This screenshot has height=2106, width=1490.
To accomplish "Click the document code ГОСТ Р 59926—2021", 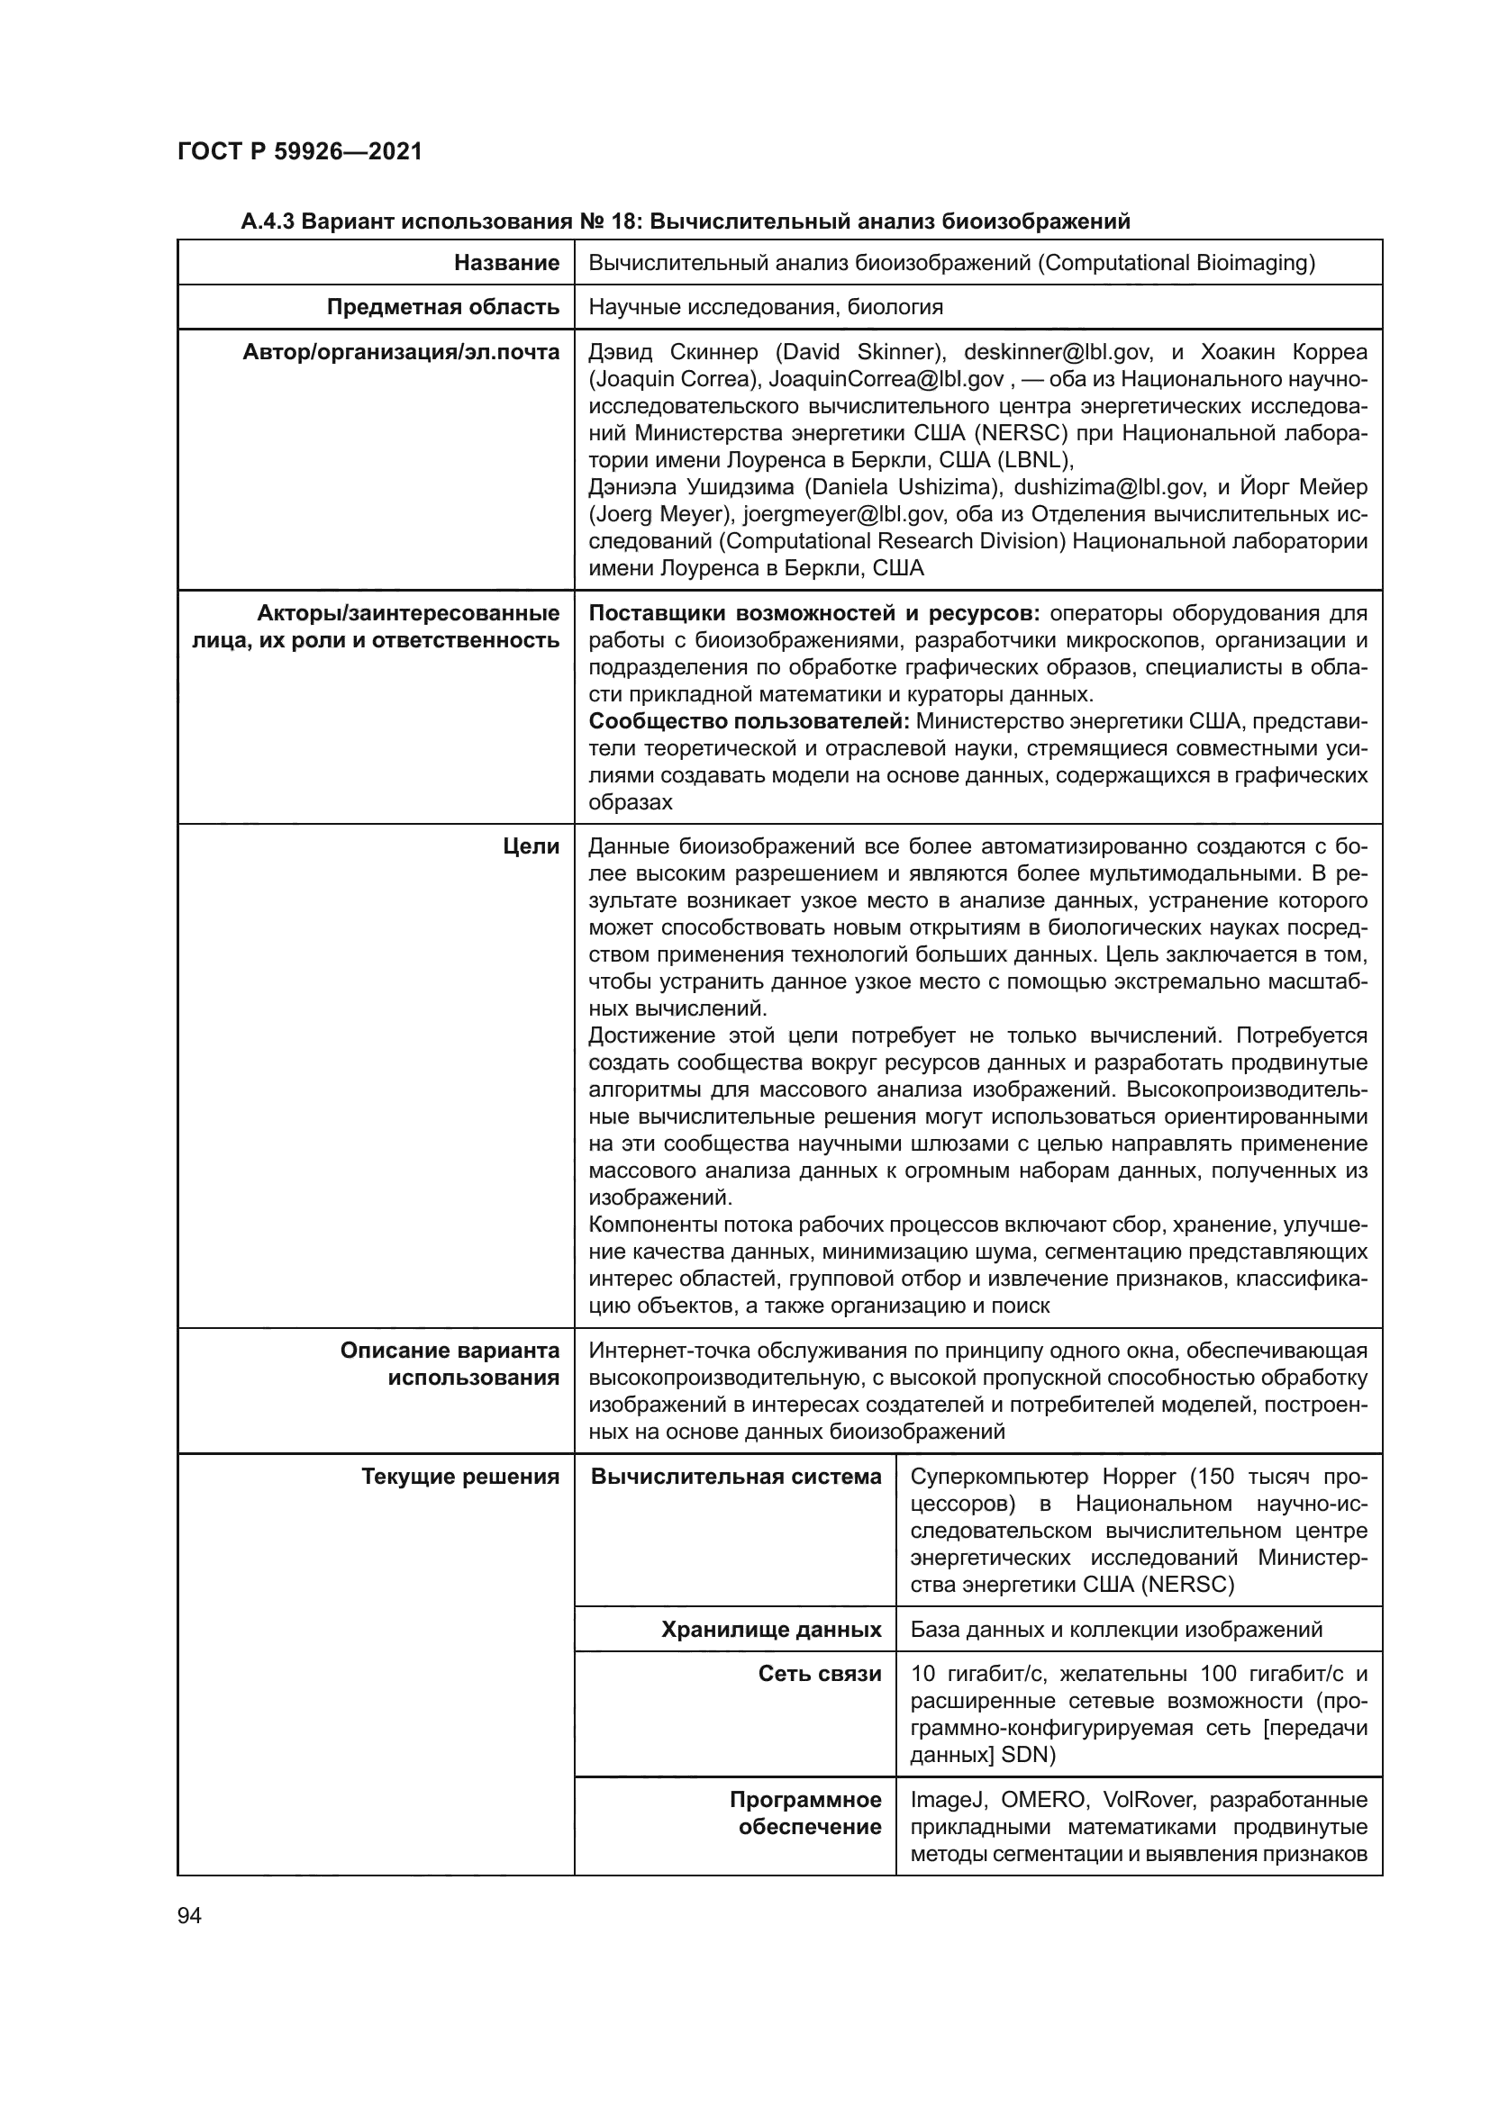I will click(x=300, y=151).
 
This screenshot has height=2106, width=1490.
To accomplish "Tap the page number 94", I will click(x=189, y=1915).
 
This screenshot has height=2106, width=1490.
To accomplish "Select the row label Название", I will click(x=506, y=263).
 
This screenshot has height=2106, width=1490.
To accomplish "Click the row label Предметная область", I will click(x=443, y=307).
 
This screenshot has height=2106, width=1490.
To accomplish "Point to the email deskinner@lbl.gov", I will click(x=1045, y=352).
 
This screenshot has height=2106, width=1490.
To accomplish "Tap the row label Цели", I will click(x=531, y=846).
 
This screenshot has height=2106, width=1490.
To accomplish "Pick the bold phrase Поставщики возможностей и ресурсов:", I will click(x=813, y=614).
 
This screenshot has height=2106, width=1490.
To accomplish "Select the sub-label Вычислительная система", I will click(x=736, y=1477).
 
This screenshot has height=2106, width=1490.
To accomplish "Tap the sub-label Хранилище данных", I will click(x=771, y=1630).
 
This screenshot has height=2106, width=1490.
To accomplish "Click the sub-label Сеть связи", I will click(x=819, y=1674).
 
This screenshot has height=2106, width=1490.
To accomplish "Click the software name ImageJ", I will click(x=948, y=1800).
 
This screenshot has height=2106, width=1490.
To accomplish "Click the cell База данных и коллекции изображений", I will click(x=1115, y=1630).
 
